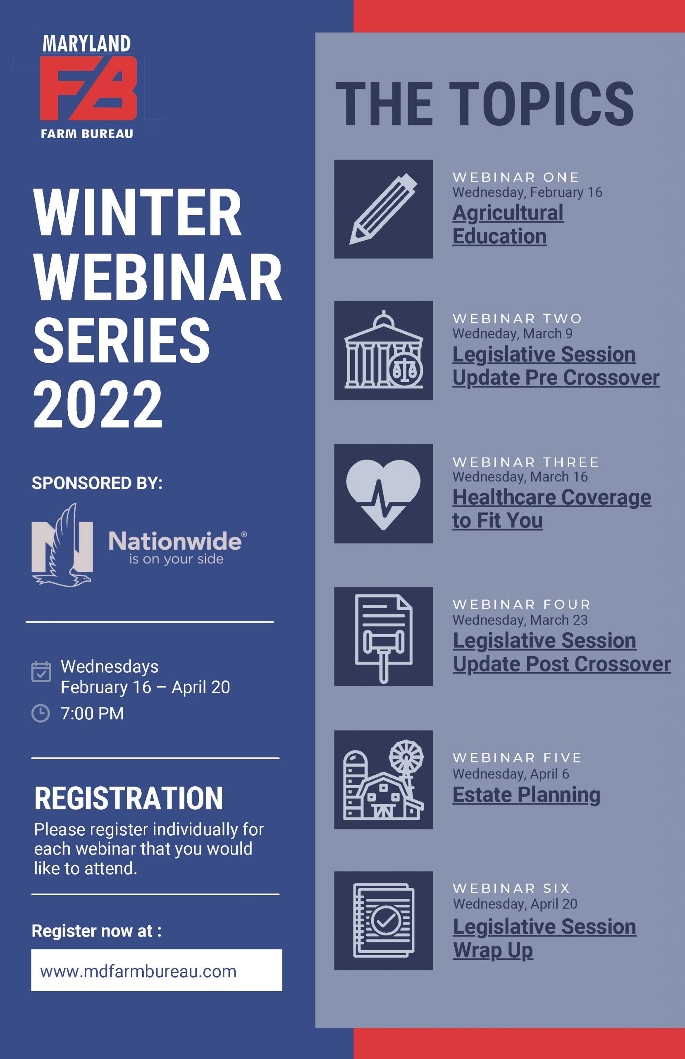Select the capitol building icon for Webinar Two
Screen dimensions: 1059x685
click(x=383, y=350)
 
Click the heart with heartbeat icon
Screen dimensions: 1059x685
click(x=383, y=494)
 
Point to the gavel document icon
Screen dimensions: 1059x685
click(x=383, y=636)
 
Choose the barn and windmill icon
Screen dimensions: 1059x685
click(x=383, y=780)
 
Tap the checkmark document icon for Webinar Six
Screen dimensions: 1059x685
click(x=383, y=920)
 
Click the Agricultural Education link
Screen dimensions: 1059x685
click(x=507, y=225)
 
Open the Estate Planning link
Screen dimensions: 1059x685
click(x=526, y=795)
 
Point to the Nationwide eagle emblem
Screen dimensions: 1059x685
click(x=62, y=545)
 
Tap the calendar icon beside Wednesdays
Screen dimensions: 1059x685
click(x=41, y=672)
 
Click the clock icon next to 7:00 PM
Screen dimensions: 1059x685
click(x=41, y=713)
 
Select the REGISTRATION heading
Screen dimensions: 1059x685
click(x=129, y=798)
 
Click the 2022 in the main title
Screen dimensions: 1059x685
click(x=98, y=405)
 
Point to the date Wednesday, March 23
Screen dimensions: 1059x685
click(x=520, y=620)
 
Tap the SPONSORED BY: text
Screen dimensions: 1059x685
click(x=97, y=483)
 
